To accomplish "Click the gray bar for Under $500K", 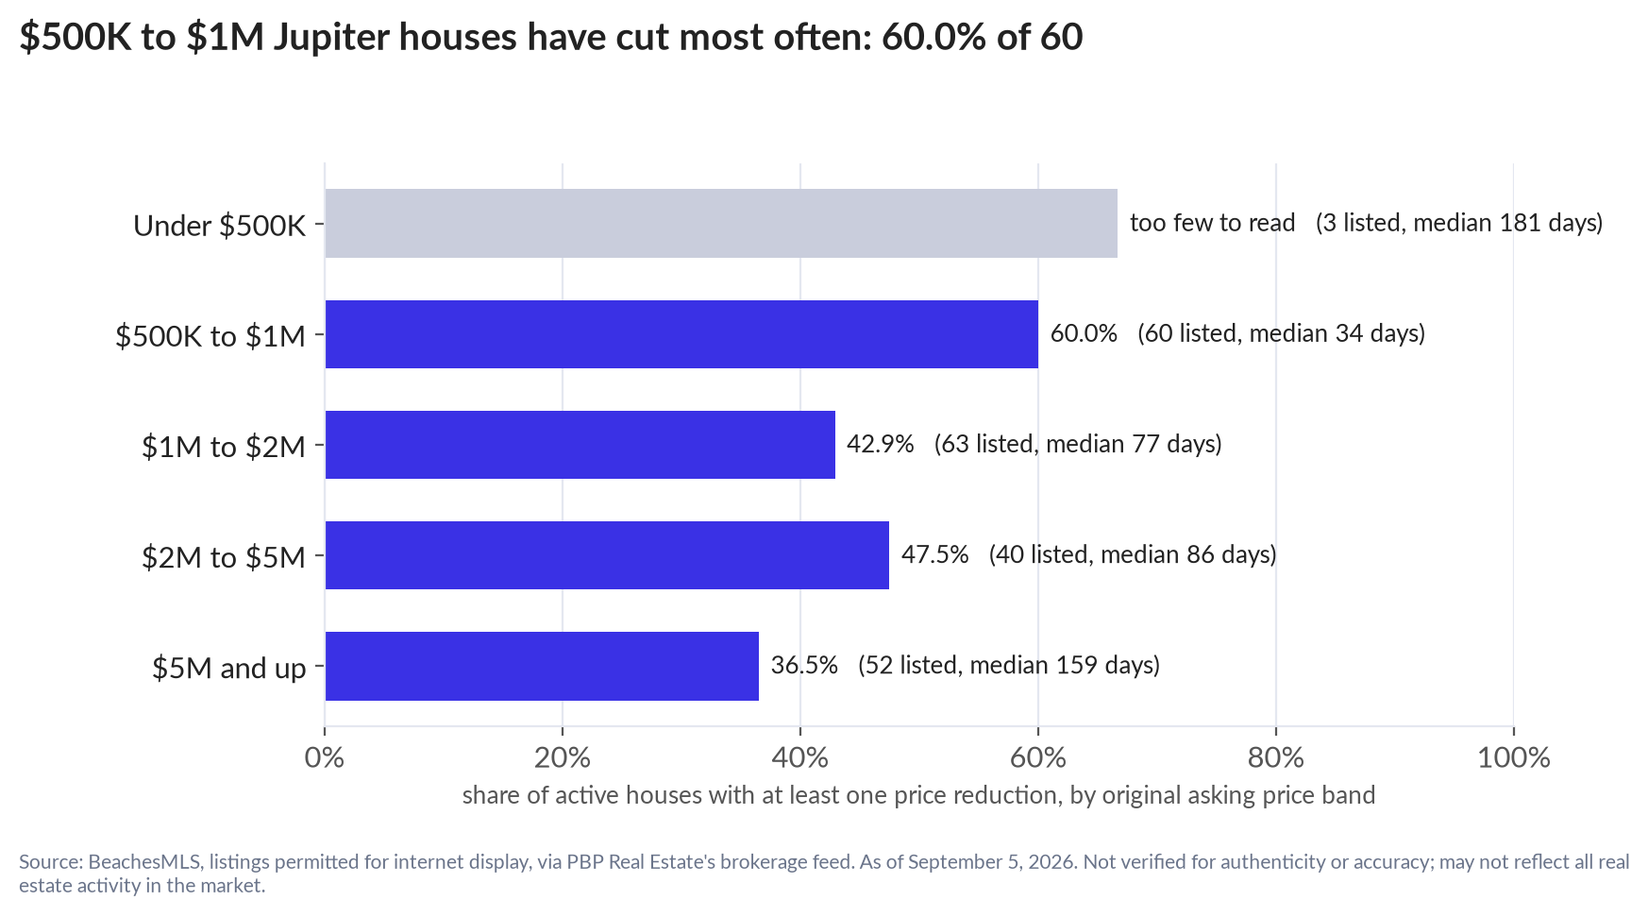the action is (x=721, y=223).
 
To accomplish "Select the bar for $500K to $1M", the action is (x=681, y=334).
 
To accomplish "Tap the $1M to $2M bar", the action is (x=580, y=445).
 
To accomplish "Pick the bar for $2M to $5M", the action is (x=607, y=555).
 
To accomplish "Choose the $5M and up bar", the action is (x=542, y=666).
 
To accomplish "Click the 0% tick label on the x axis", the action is (x=325, y=757).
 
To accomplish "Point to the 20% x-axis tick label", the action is (x=563, y=757).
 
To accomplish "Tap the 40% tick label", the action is (x=800, y=757).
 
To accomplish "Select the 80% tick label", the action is (x=1276, y=757).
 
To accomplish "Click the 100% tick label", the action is (x=1514, y=757).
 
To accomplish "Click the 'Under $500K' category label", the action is (x=220, y=226).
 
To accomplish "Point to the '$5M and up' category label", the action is (x=229, y=669).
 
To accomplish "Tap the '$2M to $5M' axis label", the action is (x=224, y=557).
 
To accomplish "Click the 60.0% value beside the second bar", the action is (x=1084, y=333).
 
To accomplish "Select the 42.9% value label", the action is (x=881, y=444).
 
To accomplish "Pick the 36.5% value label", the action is (x=804, y=665).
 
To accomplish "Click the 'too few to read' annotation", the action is (x=1213, y=223).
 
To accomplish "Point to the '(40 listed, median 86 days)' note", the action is (x=1133, y=554).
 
